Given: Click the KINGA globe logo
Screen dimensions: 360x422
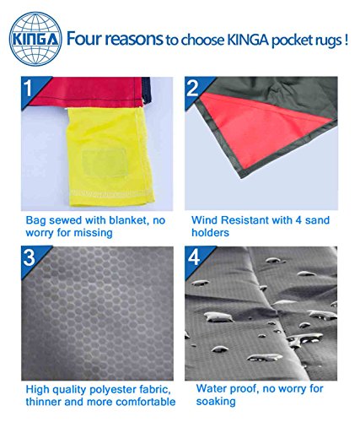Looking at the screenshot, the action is click(x=35, y=39).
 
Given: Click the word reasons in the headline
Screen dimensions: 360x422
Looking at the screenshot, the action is click(x=134, y=40).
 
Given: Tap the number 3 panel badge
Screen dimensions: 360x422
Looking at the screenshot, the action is click(x=30, y=257).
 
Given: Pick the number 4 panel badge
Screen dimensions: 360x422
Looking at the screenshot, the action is click(x=193, y=257).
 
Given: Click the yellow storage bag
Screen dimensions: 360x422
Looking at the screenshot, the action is click(x=110, y=156).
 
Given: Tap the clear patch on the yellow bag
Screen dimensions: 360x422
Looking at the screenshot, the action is click(x=104, y=163).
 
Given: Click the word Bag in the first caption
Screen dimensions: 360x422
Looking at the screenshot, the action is click(x=35, y=221).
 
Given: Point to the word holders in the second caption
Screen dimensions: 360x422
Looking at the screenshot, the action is click(x=210, y=232).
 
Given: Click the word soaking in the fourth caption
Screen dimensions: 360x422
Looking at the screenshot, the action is click(x=216, y=402).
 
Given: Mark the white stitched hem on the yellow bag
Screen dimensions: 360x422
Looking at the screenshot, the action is click(x=111, y=192).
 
